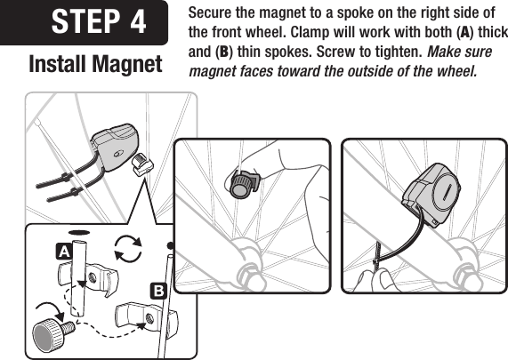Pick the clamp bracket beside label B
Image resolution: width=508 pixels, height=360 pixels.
tap(143, 316)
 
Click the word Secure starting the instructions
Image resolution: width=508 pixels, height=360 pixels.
tap(213, 12)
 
